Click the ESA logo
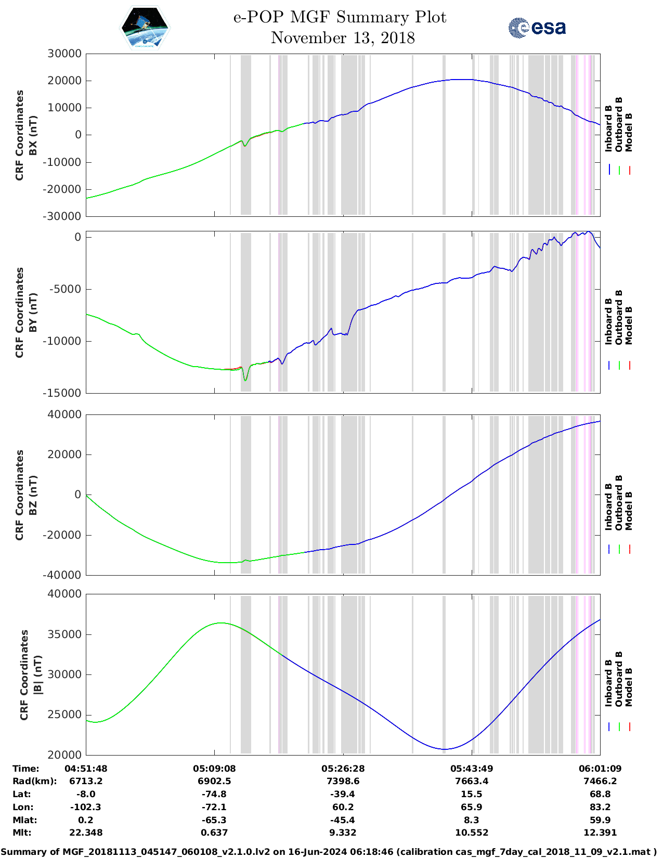coord(537,28)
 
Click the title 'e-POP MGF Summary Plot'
coord(340,17)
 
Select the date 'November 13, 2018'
coord(343,38)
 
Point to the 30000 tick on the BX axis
coord(64,54)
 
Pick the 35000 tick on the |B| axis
coord(64,634)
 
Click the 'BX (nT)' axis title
coord(33,135)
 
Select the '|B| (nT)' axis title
coord(37,674)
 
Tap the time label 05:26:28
coord(343,769)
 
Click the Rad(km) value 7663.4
coord(471,781)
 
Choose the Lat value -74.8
coord(214,794)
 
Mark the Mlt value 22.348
coord(86,833)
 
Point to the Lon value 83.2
coord(600,807)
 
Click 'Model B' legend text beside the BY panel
coord(629,325)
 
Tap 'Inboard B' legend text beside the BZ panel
coord(608,506)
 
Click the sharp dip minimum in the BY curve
coord(245,381)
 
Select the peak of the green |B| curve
coord(220,623)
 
